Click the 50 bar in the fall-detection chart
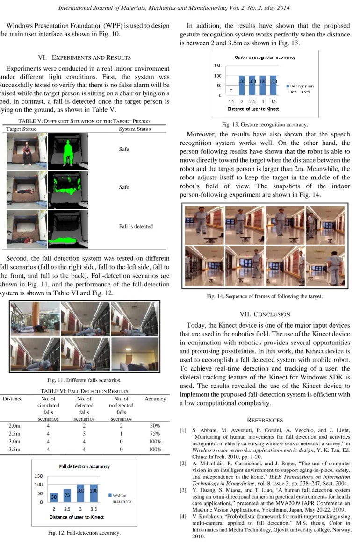54,497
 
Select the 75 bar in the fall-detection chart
67,496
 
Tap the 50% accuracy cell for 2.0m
155,426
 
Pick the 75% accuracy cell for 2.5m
155,434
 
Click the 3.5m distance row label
14,450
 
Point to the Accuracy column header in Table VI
155,399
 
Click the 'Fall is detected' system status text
136,226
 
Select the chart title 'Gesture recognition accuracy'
265,57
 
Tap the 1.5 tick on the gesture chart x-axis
231,102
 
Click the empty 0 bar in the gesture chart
231,91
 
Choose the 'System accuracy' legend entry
120,499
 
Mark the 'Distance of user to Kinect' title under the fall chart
77,517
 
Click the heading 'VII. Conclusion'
265,314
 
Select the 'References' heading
265,420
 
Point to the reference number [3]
183,490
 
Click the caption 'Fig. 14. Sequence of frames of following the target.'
265,296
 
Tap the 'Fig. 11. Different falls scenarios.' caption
84,380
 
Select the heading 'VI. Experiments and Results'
84,57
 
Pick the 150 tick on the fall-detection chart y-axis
39,476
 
